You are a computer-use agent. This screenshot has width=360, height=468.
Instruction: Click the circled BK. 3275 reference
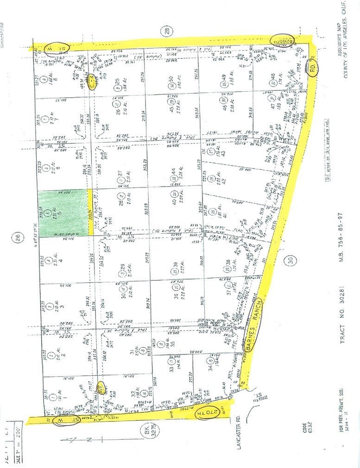pos(146,435)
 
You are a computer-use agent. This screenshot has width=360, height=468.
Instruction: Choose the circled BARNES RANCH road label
pos(255,324)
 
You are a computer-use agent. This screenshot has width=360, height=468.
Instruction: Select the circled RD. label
pos(315,69)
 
